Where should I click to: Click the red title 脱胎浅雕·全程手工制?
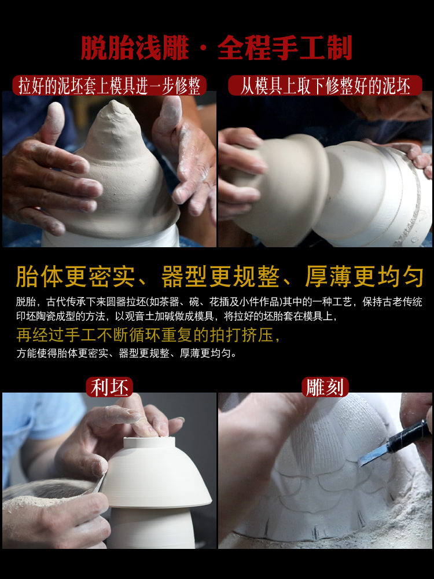click(216, 48)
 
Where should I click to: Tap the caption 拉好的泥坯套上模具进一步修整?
click(109, 86)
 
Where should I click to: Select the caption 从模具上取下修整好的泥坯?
click(325, 86)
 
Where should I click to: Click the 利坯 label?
click(109, 387)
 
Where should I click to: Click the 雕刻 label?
click(325, 387)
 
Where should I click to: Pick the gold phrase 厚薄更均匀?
click(365, 277)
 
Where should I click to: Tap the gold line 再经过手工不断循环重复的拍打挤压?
click(148, 335)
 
